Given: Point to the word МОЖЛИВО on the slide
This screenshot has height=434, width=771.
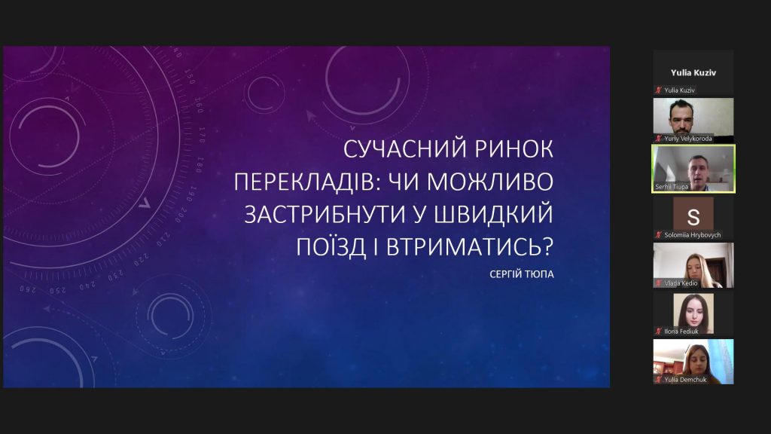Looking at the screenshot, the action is tap(490, 182).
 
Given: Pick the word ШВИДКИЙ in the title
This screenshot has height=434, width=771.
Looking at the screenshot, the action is tap(495, 214).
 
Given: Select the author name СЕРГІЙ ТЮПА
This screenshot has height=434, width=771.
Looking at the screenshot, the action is tap(522, 274).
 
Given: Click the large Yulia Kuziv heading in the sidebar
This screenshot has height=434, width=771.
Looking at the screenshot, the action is tap(693, 73).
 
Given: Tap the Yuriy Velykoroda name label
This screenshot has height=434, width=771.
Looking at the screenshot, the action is tap(688, 139).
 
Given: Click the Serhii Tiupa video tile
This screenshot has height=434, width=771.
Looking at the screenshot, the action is tap(693, 169).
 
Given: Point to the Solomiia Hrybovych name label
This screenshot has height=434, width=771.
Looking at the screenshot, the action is tap(693, 235).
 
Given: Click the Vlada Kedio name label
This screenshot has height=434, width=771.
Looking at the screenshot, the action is tap(681, 283).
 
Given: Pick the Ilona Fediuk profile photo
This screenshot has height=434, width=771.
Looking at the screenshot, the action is tap(693, 313).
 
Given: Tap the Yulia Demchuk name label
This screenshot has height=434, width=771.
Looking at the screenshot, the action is tap(685, 380).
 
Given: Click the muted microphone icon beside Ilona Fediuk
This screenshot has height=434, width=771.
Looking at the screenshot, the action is tap(658, 332).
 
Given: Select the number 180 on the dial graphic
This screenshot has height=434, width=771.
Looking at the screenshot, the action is tap(199, 165).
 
